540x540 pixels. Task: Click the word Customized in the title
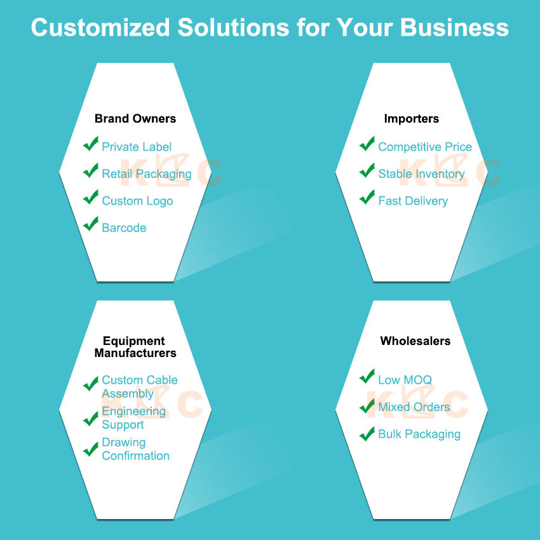point(100,27)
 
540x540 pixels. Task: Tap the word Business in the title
point(454,27)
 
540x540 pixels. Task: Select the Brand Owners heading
point(135,118)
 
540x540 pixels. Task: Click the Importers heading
point(412,119)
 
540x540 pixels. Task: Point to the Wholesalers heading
point(415,341)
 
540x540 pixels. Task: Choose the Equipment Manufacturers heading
point(135,347)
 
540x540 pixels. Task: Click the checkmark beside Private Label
point(91,144)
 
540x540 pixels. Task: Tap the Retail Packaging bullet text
point(147,174)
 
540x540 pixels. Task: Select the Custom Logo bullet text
point(137,201)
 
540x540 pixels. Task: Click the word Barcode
point(124,227)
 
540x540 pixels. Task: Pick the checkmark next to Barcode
point(91,224)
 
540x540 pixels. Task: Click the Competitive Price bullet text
point(425,147)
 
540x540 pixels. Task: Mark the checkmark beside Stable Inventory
point(367,170)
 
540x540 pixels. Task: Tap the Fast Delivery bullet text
point(413,201)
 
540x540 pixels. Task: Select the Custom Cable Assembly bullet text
point(140,387)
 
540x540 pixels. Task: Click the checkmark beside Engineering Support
point(91,419)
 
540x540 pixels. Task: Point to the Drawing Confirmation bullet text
point(136,449)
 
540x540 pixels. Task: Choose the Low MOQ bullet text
point(405,380)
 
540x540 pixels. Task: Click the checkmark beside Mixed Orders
point(367,406)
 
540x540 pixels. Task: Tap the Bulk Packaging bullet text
point(419,435)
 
